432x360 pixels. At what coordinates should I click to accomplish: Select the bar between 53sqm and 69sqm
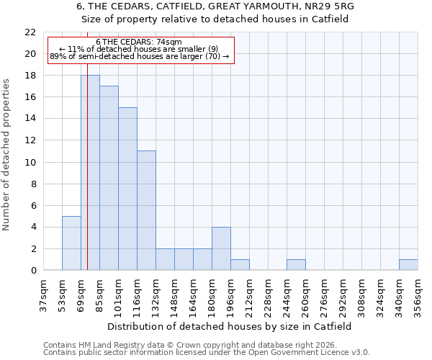click(71, 243)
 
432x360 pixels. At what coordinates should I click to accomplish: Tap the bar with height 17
click(109, 178)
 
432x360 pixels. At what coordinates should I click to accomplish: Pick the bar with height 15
click(127, 189)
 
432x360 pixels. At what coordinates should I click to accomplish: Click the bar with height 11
click(146, 210)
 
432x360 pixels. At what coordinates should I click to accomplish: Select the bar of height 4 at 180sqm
click(221, 248)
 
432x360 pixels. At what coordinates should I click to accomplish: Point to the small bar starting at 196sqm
click(240, 265)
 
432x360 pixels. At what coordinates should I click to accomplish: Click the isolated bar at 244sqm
click(296, 265)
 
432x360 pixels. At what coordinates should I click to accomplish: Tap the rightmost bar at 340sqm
click(408, 265)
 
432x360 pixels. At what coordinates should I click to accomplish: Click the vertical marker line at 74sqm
click(87, 144)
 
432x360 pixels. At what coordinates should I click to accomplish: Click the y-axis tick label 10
click(30, 163)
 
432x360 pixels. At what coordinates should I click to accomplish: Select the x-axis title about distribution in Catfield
click(230, 326)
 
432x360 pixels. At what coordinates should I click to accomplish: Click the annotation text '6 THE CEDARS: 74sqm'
click(139, 42)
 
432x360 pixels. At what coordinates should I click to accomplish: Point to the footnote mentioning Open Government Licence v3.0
click(207, 353)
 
